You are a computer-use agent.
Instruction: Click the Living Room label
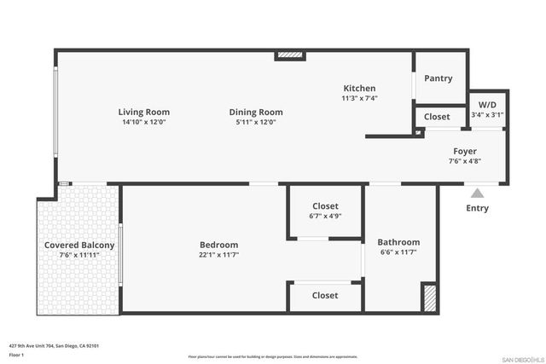pos(143,112)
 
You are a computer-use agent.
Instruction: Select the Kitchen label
pos(359,89)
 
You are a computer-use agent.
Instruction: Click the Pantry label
pos(439,78)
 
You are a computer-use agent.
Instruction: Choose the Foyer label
pos(465,151)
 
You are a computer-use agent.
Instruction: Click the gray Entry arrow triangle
pos(478,193)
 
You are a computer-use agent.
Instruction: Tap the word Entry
pos(478,208)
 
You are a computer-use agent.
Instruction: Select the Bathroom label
pos(399,242)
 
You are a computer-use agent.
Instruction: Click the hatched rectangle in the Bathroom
pos(430,298)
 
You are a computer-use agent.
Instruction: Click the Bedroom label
pos(219,245)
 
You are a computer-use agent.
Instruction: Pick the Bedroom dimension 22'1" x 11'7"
pos(219,255)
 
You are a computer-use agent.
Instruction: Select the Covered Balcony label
pos(79,246)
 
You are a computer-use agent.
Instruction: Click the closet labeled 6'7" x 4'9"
pos(324,211)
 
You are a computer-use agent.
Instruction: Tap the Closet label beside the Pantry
pos(437,117)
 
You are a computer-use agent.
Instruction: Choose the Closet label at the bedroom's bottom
pos(324,296)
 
